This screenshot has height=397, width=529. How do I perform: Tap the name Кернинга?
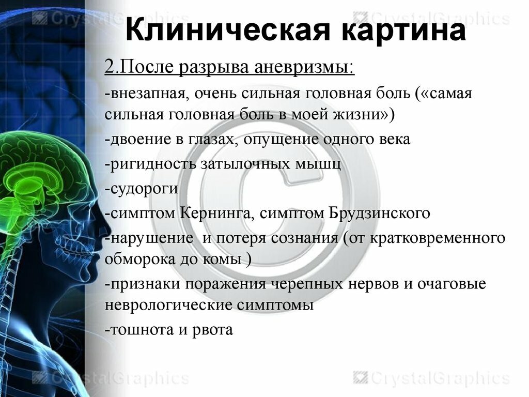pos(216,213)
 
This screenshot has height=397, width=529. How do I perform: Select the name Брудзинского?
pos(379,213)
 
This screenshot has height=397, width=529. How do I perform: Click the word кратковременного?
pos(438,238)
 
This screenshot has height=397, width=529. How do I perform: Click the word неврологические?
pos(168,305)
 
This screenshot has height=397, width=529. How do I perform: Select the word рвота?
pos(212,330)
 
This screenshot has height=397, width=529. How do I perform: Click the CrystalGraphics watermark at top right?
pos(432,19)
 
